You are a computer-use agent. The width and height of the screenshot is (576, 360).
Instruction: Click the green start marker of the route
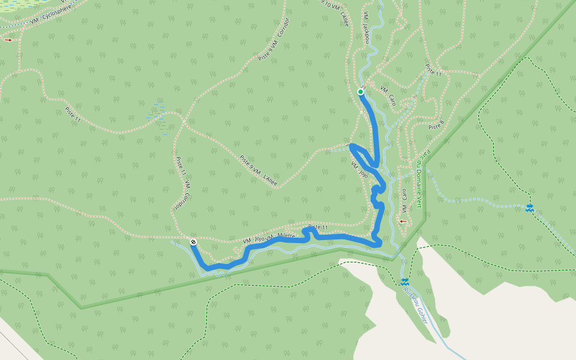(361, 92)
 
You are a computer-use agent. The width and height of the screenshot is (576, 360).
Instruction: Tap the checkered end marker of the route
(193, 242)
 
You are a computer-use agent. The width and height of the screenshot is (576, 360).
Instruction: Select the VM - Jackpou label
(367, 27)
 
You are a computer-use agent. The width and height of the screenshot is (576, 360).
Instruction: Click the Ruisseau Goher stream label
(416, 304)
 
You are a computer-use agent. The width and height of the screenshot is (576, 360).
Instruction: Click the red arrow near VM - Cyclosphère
(8, 40)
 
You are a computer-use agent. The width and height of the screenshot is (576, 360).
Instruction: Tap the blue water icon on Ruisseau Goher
(406, 281)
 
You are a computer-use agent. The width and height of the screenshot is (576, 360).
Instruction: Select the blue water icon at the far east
(529, 208)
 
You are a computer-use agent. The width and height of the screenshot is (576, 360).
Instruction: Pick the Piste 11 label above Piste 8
(433, 71)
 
